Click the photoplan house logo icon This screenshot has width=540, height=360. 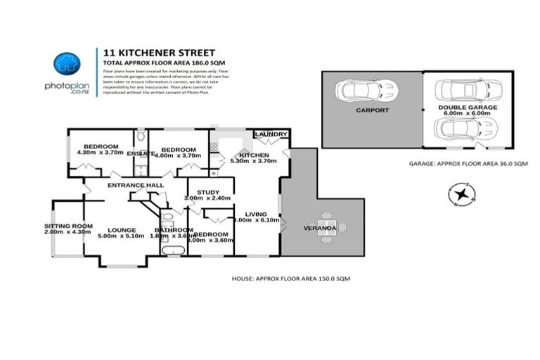pos(67,63)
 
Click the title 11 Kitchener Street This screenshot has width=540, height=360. pos(159,52)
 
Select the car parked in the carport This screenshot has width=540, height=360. pos(366,91)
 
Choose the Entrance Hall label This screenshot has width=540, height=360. pos(136,185)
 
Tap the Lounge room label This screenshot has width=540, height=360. pos(122,229)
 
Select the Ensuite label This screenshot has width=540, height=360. pos(141,153)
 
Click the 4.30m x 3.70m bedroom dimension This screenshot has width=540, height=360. pos(98,153)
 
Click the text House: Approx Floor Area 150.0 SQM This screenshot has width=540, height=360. pos(290,278)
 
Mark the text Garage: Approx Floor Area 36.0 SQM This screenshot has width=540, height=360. pos(468,163)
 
